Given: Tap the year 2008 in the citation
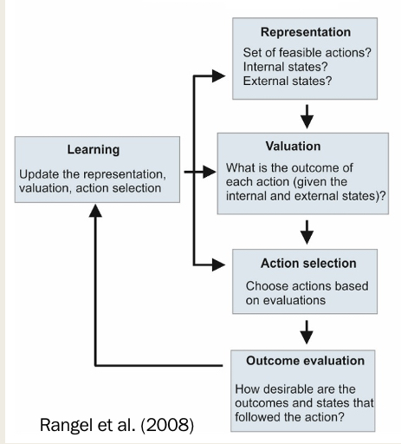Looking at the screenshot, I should (169, 426).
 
